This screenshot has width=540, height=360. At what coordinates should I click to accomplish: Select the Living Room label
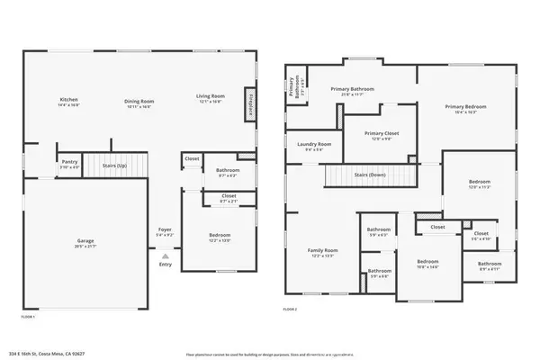coord(211,95)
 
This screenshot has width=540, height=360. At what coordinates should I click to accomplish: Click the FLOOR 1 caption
coord(28,317)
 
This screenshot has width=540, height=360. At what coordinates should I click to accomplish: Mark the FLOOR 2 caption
coord(290,309)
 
